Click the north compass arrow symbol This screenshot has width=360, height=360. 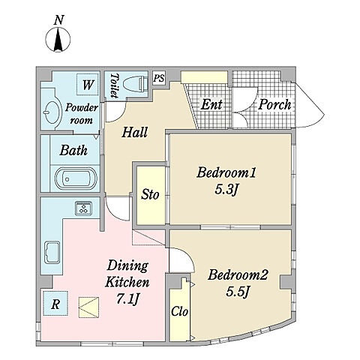pyautogui.click(x=58, y=40)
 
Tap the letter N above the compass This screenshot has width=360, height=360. pyautogui.click(x=59, y=20)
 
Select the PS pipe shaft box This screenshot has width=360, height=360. pyautogui.click(x=159, y=78)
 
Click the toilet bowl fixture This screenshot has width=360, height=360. pyautogui.click(x=136, y=83)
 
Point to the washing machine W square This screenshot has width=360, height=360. pyautogui.click(x=87, y=85)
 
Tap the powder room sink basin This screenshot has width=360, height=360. pyautogui.click(x=52, y=112)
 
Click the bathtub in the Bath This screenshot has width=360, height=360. pyautogui.click(x=76, y=178)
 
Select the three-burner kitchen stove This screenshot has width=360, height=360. pyautogui.click(x=83, y=208)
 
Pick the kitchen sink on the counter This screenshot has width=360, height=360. pyautogui.click(x=52, y=253)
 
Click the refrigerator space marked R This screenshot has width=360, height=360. pyautogui.click(x=55, y=303)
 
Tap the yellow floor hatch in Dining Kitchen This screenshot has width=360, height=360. pyautogui.click(x=88, y=307)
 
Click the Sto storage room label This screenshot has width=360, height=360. pyautogui.click(x=150, y=195)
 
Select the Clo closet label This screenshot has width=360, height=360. pyautogui.click(x=179, y=311)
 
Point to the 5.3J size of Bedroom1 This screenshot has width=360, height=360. pyautogui.click(x=226, y=190)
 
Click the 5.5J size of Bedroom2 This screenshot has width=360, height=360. pyautogui.click(x=238, y=291)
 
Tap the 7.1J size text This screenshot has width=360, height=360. pyautogui.click(x=127, y=298)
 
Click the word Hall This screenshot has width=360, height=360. pyautogui.click(x=135, y=132)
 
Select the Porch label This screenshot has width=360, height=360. pyautogui.click(x=274, y=104)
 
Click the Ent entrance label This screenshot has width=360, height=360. pyautogui.click(x=211, y=104)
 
